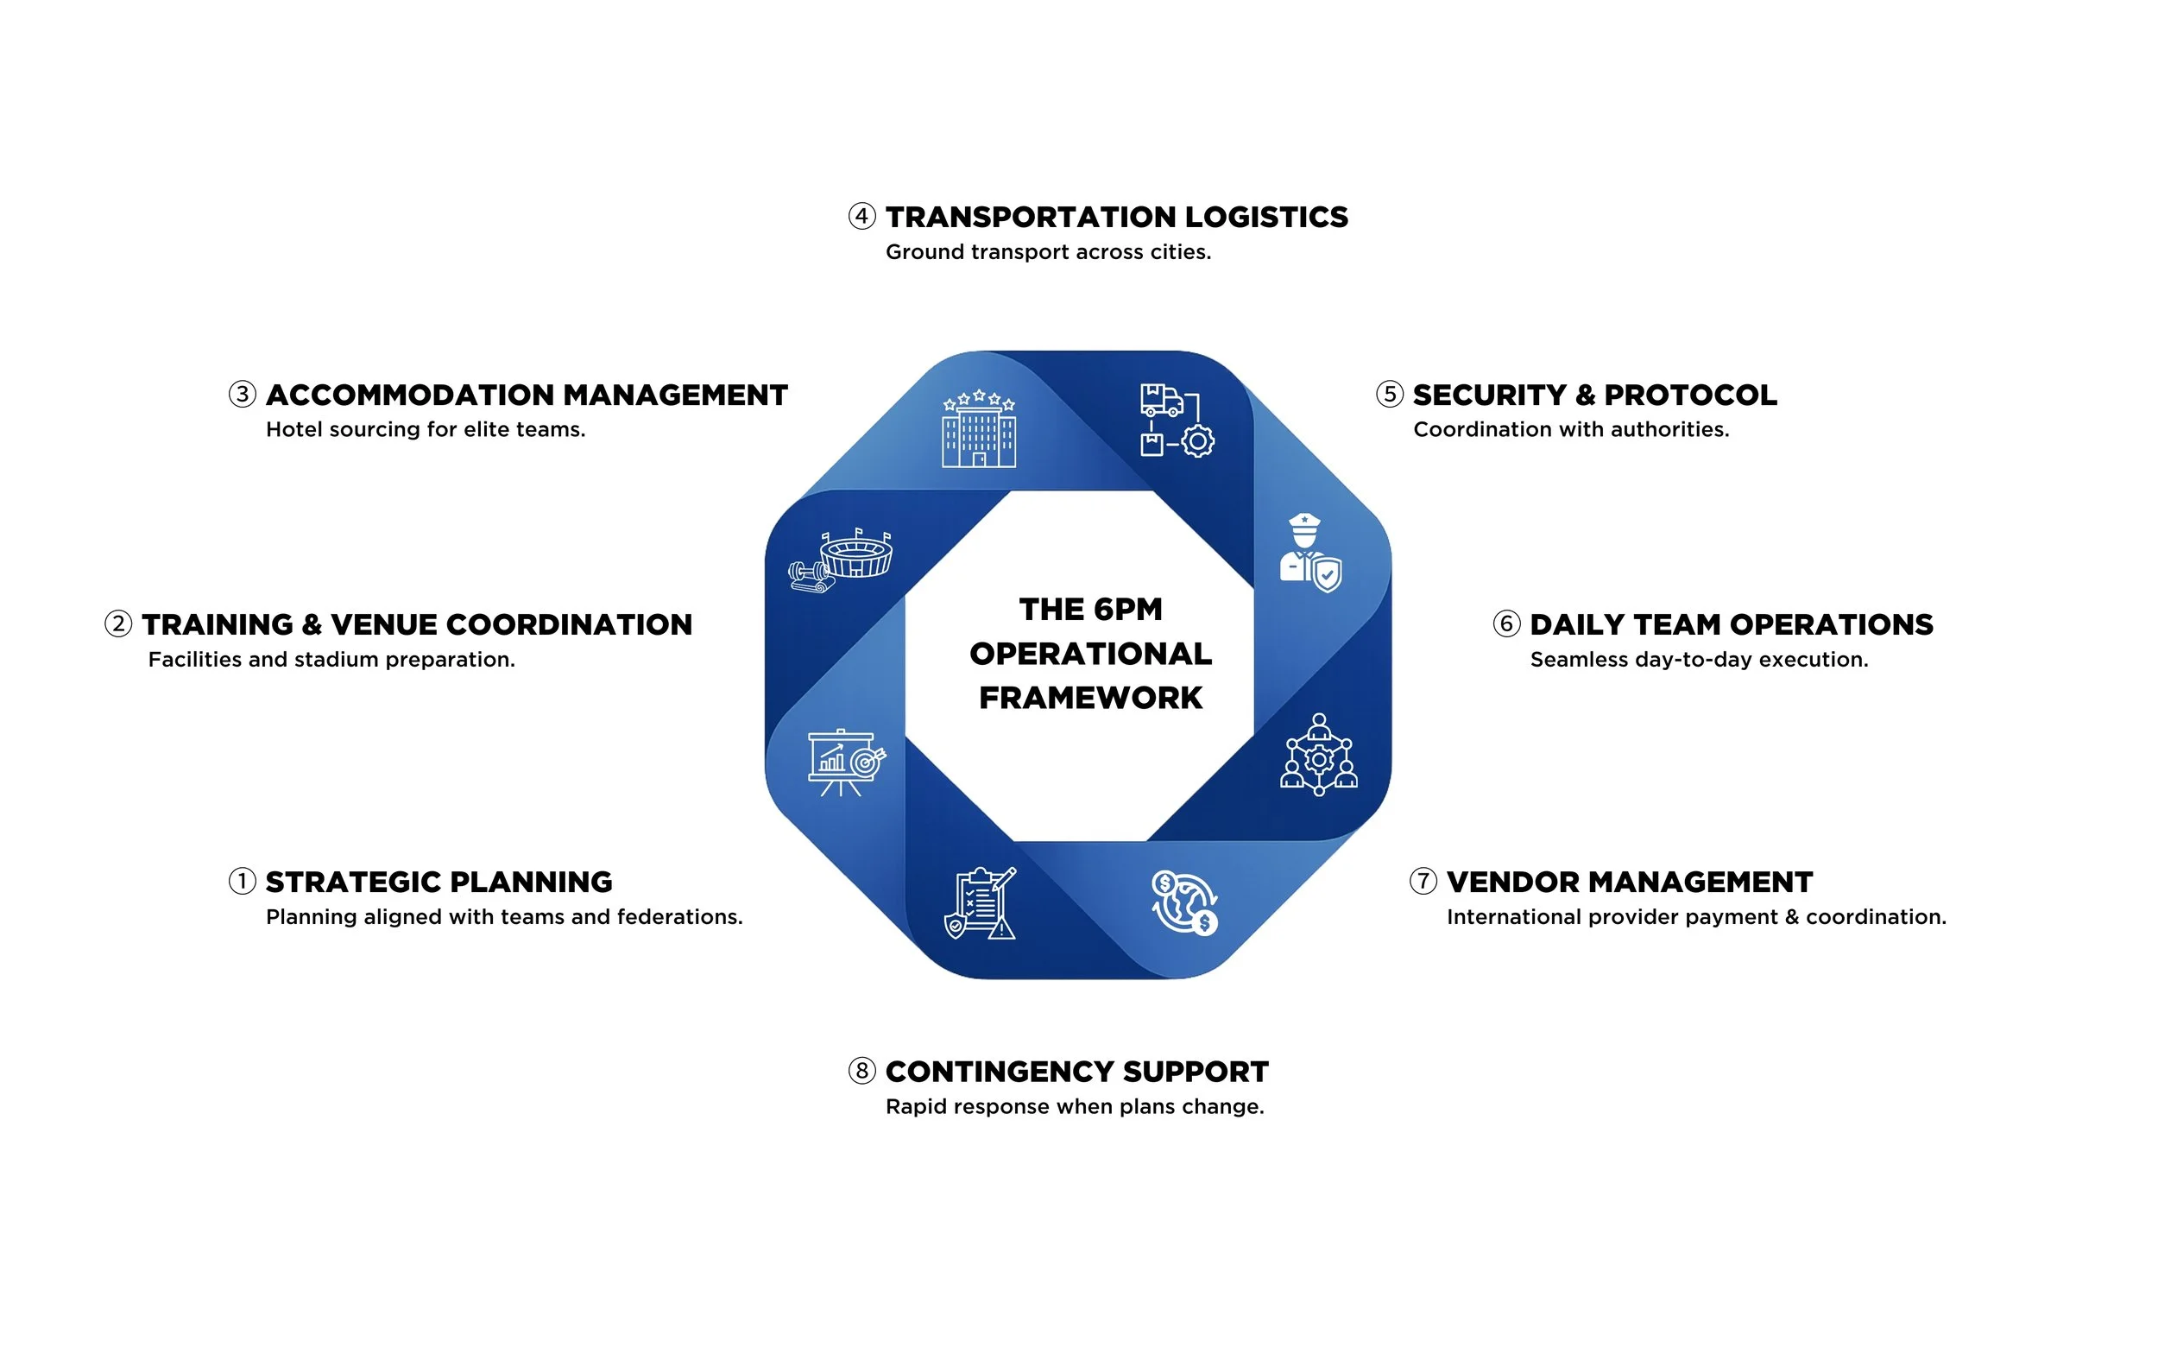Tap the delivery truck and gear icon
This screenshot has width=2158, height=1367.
click(x=1177, y=421)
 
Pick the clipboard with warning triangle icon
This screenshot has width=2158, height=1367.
click(x=981, y=902)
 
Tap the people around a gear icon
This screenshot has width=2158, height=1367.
click(x=1318, y=755)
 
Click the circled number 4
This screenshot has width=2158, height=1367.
click(x=861, y=216)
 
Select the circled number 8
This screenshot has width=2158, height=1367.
click(x=861, y=1070)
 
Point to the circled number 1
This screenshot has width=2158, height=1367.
click(x=242, y=881)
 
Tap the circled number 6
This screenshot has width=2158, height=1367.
click(x=1506, y=623)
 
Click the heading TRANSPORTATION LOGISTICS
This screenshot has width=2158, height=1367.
click(x=1116, y=217)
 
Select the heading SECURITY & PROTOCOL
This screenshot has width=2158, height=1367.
click(x=1594, y=395)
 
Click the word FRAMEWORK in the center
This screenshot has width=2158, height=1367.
click(x=1089, y=698)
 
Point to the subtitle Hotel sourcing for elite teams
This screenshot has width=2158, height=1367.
click(x=426, y=429)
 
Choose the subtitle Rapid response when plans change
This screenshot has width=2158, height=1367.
click(x=1075, y=1106)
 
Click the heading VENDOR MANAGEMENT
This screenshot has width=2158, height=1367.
click(x=1629, y=882)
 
